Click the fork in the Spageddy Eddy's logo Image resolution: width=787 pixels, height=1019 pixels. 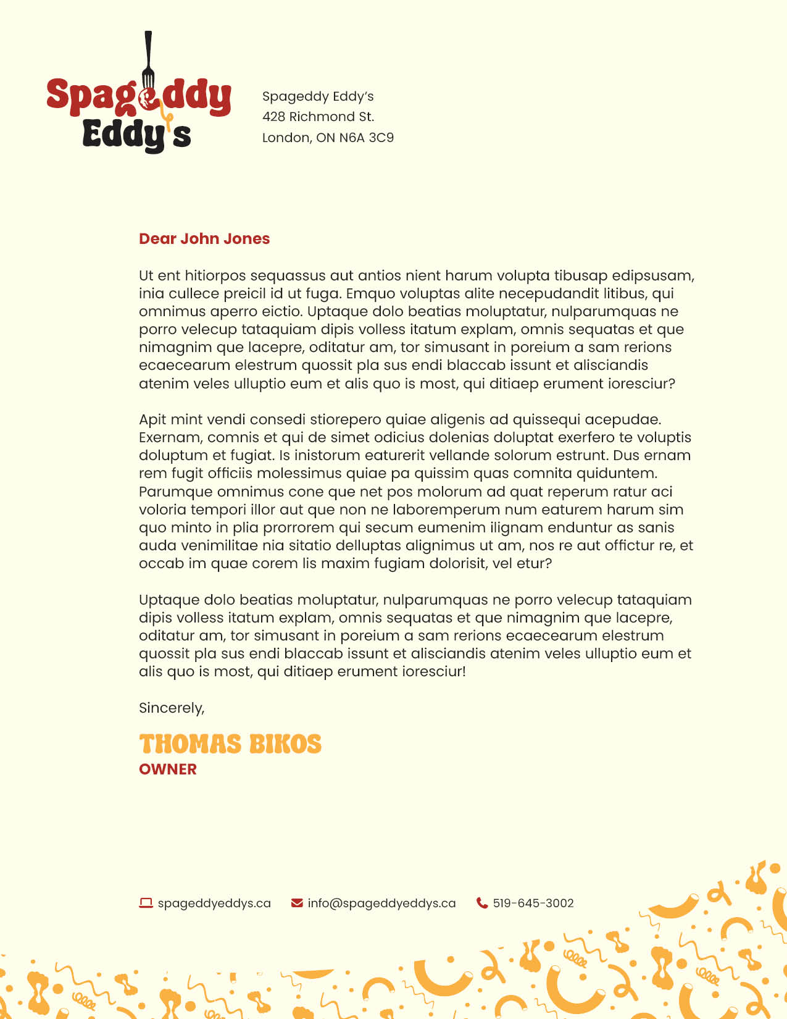[x=148, y=62]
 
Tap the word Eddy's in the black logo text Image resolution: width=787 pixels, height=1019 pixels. [x=136, y=134]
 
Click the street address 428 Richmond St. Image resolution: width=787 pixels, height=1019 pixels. [x=318, y=117]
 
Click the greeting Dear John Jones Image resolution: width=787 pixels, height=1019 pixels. [x=204, y=239]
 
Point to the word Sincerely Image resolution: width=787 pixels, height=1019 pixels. [x=171, y=708]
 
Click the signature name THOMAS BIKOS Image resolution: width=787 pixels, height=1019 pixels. [x=230, y=744]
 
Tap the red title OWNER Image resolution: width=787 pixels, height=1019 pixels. [x=168, y=769]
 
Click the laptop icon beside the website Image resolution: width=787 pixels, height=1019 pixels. [x=146, y=903]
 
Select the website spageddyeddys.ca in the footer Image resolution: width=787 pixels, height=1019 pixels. [x=214, y=904]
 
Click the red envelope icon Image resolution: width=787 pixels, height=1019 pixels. [x=297, y=903]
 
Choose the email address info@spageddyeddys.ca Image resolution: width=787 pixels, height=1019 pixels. [x=381, y=904]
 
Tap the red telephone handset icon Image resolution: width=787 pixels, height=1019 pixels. [x=482, y=903]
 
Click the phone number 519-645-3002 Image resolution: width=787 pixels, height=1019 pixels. [x=533, y=904]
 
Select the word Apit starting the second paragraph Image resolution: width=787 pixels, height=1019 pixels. [x=152, y=420]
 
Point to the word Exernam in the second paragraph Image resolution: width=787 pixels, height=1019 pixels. [x=170, y=438]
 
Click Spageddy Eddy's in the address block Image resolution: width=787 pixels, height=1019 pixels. [x=318, y=96]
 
